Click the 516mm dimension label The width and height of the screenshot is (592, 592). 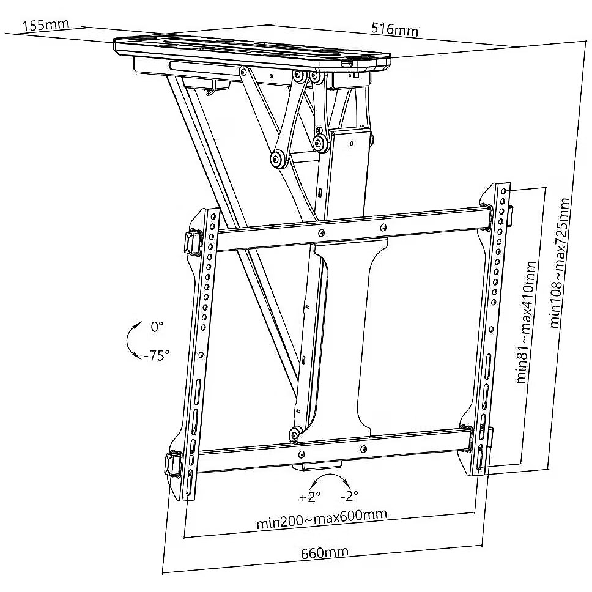394,29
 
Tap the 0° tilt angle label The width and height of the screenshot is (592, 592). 157,327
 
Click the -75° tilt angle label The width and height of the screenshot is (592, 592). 157,355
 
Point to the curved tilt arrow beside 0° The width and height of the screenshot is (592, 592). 132,341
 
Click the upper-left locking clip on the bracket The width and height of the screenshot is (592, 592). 193,240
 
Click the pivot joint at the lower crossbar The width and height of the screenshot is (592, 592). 295,435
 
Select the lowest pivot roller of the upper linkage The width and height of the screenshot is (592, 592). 278,160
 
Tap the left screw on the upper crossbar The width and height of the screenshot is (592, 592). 321,233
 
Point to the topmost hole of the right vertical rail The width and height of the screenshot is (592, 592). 503,191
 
